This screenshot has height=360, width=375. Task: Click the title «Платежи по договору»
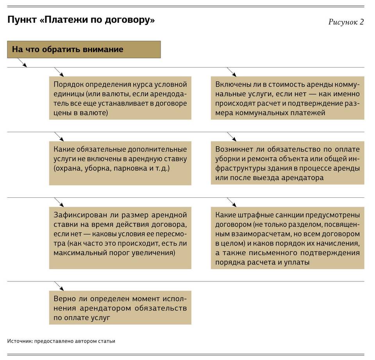[x=81, y=20]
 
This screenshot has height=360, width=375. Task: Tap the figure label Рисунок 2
[x=346, y=22]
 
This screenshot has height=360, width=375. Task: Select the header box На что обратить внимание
[x=84, y=50]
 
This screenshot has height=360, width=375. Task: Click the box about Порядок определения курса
[x=120, y=98]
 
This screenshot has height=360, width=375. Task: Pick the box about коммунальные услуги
[x=287, y=98]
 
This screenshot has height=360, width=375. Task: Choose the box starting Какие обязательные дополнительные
[x=120, y=163]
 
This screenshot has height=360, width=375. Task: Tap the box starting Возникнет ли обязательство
[x=287, y=163]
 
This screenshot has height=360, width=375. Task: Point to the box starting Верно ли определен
[x=120, y=308]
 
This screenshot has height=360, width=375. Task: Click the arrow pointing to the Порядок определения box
[x=59, y=72]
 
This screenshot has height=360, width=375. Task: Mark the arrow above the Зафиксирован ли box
[x=59, y=202]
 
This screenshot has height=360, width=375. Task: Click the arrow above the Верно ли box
[x=59, y=286]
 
